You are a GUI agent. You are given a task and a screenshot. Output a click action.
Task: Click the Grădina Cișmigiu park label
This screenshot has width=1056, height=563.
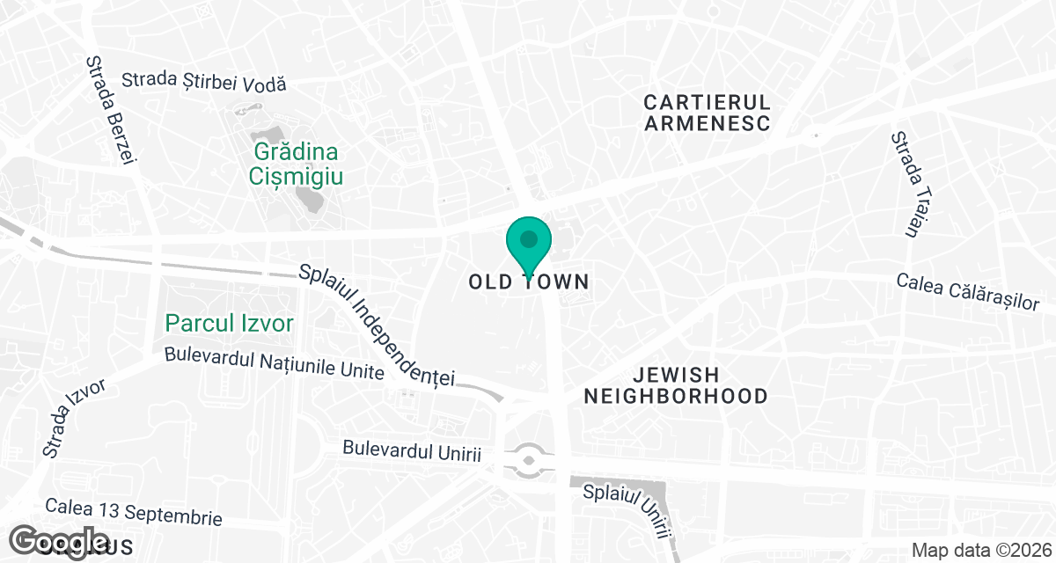pos(295,164)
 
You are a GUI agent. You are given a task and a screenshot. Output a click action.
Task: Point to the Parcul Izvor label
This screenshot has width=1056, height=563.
pos(229,324)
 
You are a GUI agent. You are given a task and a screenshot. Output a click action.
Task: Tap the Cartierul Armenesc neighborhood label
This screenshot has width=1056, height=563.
pos(708,112)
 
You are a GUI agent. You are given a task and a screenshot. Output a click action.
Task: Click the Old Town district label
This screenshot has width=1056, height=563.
pos(528,282)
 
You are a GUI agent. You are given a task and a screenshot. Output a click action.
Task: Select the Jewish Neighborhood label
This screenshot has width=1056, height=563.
pos(676,385)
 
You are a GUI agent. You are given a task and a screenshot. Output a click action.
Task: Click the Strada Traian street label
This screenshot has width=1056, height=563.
pos(905,185)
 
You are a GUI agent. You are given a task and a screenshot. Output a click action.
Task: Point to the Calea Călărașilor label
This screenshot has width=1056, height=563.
pos(968,291)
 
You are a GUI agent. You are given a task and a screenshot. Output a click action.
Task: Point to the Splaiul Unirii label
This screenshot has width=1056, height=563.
pos(627,508)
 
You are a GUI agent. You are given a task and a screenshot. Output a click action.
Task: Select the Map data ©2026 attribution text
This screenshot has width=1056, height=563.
pos(979,551)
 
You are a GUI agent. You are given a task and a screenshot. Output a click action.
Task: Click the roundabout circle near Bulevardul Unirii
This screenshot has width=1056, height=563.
pos(529,459)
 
